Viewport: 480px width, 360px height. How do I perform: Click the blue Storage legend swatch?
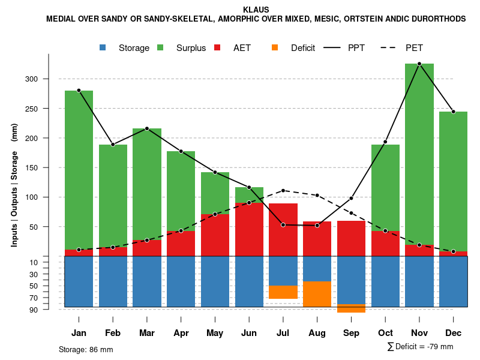click(x=103, y=47)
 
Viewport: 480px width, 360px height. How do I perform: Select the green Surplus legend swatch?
click(x=160, y=47)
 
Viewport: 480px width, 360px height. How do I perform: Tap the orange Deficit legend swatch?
click(x=275, y=47)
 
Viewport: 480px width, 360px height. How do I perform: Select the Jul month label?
click(x=283, y=333)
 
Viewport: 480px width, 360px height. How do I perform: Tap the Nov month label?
click(x=419, y=333)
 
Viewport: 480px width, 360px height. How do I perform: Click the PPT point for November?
click(x=419, y=64)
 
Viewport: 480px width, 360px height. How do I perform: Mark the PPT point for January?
click(x=79, y=91)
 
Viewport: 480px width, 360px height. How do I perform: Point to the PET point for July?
click(x=283, y=191)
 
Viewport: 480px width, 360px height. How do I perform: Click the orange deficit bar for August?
click(x=317, y=294)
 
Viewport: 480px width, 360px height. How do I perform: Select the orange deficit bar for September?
click(x=351, y=308)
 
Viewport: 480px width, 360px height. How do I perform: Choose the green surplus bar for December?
click(x=454, y=180)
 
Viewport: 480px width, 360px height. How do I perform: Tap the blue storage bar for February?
click(x=113, y=281)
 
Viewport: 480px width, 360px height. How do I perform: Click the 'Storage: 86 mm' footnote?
click(x=86, y=349)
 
